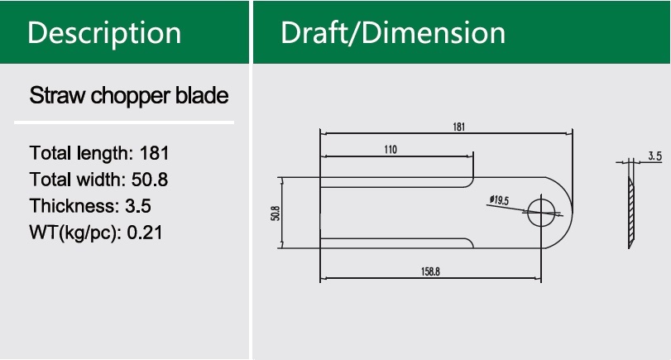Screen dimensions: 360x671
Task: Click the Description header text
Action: (x=105, y=32)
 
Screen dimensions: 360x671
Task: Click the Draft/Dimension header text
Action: (x=393, y=32)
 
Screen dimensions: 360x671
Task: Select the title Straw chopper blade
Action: (x=129, y=95)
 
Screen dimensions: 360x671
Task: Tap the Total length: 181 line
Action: (x=100, y=153)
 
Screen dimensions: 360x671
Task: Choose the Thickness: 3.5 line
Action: (x=90, y=206)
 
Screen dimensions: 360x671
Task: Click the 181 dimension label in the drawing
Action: (x=458, y=127)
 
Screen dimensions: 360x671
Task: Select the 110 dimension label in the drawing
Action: (x=391, y=150)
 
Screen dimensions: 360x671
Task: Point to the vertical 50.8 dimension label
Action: (x=274, y=212)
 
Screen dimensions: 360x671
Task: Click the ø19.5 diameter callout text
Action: (x=499, y=200)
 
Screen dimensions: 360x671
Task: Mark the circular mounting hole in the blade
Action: (x=541, y=211)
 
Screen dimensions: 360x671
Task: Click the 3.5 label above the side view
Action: (x=654, y=156)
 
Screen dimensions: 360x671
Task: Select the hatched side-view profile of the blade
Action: (x=630, y=207)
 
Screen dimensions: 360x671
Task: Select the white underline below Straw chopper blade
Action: (x=124, y=122)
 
